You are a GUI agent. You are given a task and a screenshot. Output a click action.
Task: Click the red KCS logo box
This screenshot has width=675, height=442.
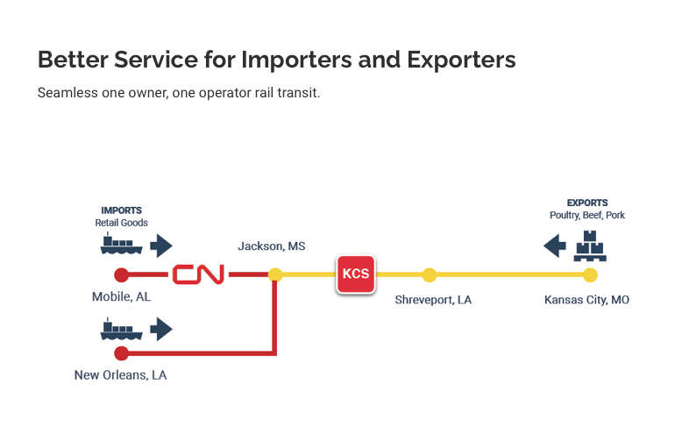click(356, 274)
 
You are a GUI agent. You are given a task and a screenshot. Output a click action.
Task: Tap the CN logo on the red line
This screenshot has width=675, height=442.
click(198, 274)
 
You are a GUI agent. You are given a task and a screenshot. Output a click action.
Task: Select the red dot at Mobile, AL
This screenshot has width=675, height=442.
click(122, 274)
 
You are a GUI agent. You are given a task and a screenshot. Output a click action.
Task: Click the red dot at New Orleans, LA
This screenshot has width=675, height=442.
click(122, 353)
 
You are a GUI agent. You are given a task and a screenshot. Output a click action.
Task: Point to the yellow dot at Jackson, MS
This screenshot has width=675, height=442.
click(275, 274)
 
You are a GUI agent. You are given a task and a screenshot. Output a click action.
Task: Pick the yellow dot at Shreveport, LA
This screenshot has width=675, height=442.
click(429, 274)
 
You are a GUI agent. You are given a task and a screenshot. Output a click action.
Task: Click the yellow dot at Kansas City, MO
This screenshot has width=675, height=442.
click(590, 274)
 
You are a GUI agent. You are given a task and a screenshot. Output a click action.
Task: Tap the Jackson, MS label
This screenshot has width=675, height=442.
click(272, 246)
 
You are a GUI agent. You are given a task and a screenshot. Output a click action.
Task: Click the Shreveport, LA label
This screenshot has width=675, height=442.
click(433, 300)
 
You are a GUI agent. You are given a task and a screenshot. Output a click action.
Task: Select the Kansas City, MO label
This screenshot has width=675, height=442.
click(586, 300)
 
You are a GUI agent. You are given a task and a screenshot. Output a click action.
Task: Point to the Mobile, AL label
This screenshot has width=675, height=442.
click(121, 297)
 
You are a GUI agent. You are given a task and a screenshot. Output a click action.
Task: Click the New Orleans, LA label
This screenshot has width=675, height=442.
click(121, 375)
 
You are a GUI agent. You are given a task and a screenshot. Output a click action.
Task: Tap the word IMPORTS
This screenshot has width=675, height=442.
click(121, 210)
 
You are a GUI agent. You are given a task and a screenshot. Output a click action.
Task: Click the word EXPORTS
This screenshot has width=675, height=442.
click(586, 203)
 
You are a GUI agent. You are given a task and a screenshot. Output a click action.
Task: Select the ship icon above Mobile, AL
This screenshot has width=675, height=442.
click(121, 244)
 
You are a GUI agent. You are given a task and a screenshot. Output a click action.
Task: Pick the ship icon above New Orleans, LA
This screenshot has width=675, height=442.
click(121, 330)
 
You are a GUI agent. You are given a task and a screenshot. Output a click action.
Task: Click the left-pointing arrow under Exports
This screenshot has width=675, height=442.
click(554, 246)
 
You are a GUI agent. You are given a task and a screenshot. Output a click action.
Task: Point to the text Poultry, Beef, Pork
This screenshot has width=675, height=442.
click(586, 216)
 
